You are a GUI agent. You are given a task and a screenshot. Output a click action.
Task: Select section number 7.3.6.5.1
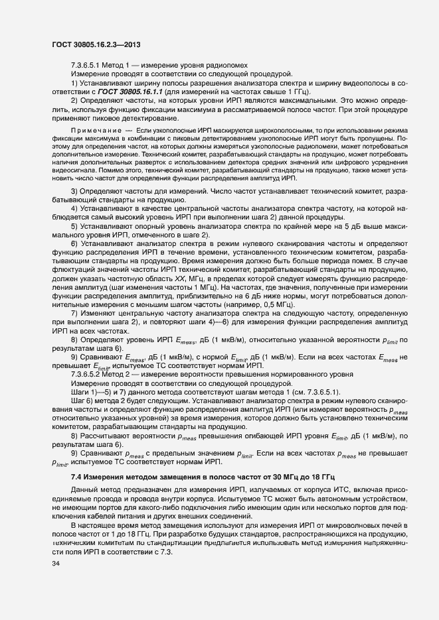[88, 66]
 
